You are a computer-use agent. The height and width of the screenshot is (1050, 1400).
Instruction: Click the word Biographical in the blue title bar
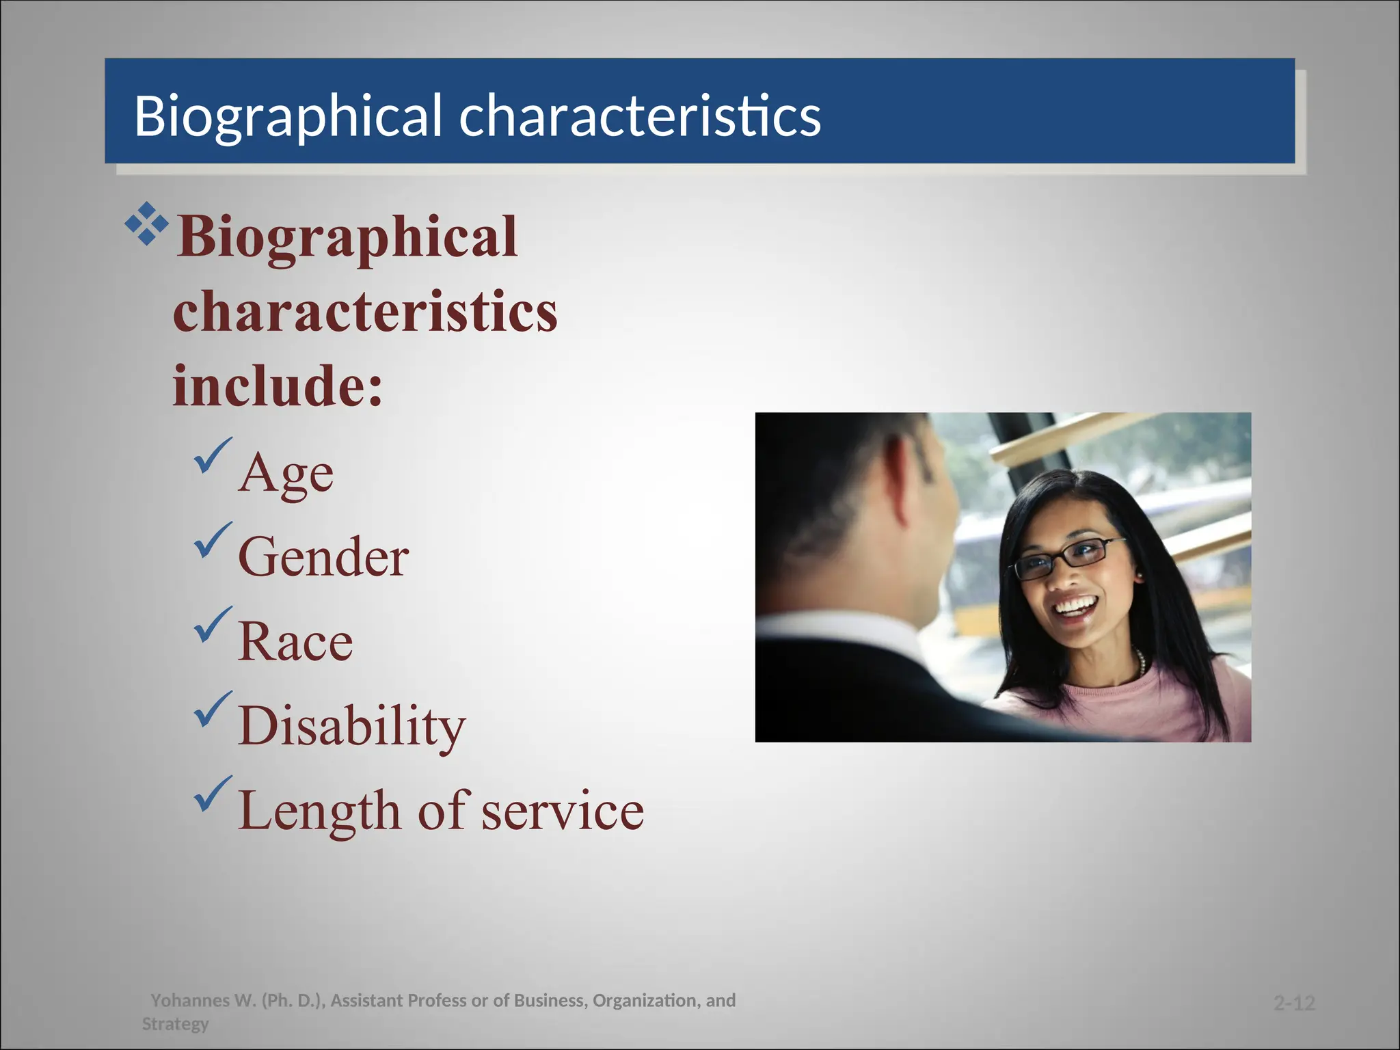click(x=287, y=116)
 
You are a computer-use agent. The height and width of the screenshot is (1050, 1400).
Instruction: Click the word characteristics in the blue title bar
click(x=639, y=116)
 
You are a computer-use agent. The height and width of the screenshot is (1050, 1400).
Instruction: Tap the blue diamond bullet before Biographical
click(x=146, y=224)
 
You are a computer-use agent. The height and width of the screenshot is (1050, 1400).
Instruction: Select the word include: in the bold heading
click(x=277, y=386)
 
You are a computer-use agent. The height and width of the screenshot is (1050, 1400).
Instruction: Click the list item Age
click(x=286, y=474)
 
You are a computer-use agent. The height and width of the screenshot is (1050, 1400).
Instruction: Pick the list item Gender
click(x=323, y=557)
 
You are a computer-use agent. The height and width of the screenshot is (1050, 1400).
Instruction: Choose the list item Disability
click(x=351, y=726)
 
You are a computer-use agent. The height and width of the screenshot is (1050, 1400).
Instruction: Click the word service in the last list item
click(x=562, y=811)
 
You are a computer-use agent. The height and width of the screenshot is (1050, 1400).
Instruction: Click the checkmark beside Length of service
click(x=213, y=794)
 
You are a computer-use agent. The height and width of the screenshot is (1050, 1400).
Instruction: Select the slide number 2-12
click(x=1294, y=1003)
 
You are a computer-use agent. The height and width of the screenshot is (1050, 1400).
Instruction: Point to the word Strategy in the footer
click(x=175, y=1024)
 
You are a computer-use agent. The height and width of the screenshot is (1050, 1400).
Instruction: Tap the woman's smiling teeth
click(x=1075, y=606)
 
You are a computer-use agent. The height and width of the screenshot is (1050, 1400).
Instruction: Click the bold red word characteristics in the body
click(x=365, y=312)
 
